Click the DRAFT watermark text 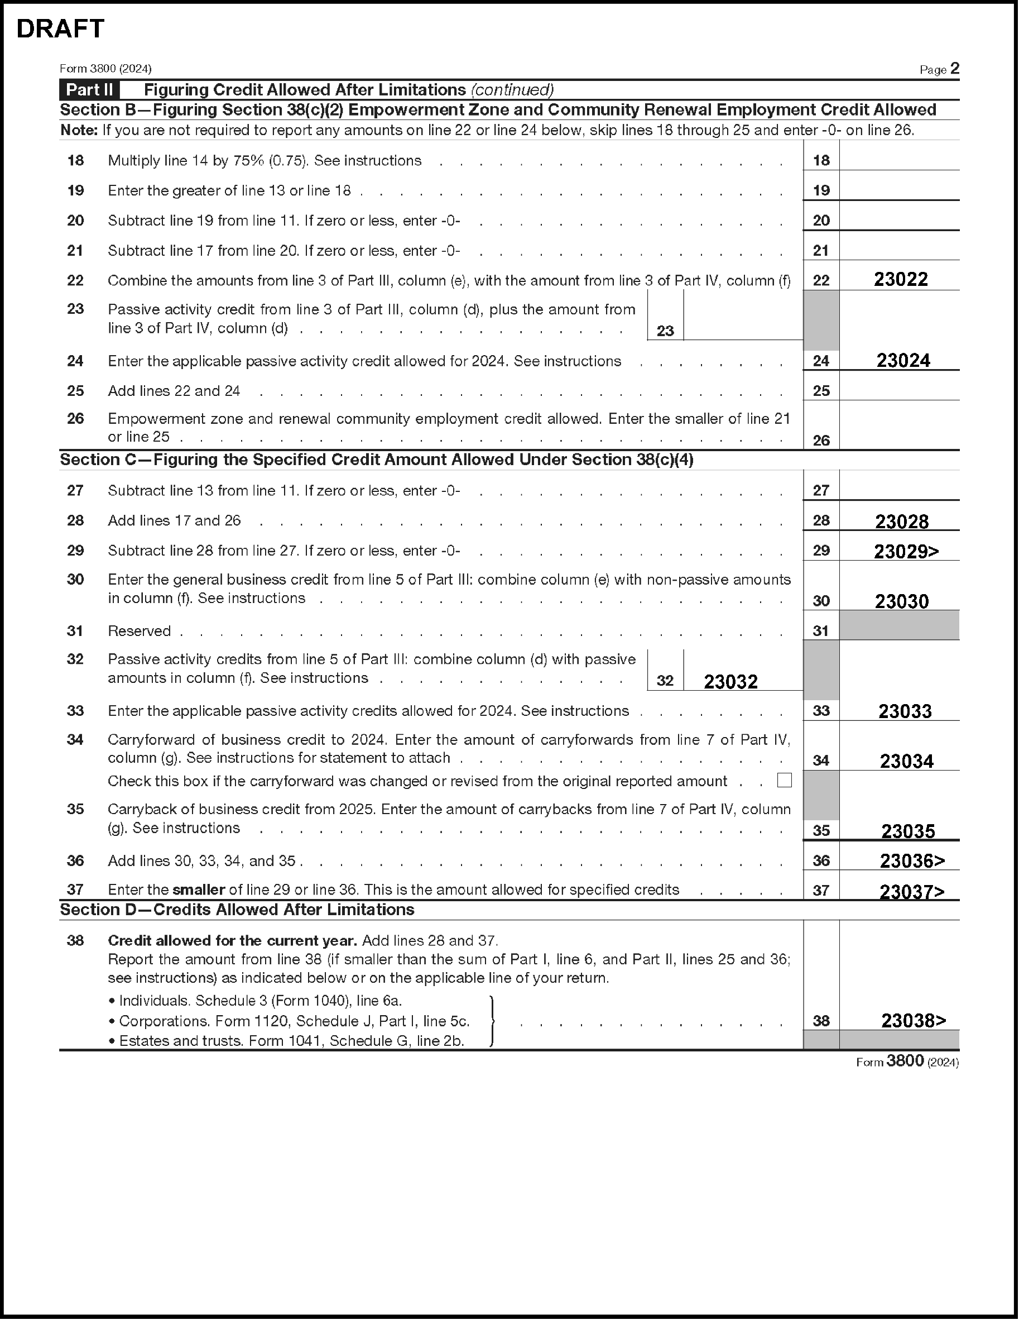coord(60,28)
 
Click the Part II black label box coord(89,90)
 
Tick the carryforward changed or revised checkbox coord(784,780)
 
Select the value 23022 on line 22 coord(901,279)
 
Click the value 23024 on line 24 coord(903,360)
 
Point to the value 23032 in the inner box coord(730,681)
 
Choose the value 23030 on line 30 coord(901,601)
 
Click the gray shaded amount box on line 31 coord(899,625)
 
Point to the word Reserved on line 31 coord(139,631)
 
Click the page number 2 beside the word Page coord(954,68)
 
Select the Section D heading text coord(237,910)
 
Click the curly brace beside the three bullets coord(493,1020)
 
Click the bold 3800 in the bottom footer coord(905,1061)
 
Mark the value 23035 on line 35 coord(907,831)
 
